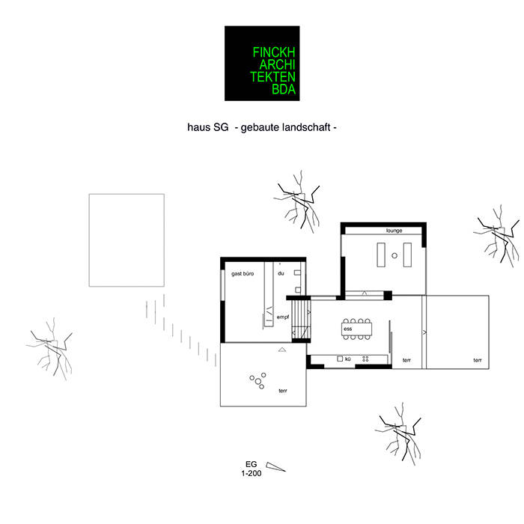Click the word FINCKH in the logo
point(276,53)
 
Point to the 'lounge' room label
point(394,231)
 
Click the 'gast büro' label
point(243,274)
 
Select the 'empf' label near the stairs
point(282,317)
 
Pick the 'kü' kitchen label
point(348,359)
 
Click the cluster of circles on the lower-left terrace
point(258,380)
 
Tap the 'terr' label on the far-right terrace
point(477,360)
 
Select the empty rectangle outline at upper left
point(127,240)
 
